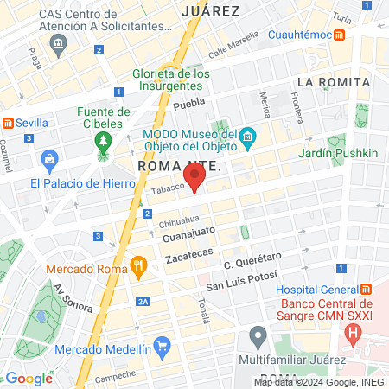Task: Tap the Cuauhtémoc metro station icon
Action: (x=341, y=35)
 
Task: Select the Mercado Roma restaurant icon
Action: (x=137, y=267)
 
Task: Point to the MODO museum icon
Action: (x=247, y=137)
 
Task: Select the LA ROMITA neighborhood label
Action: (x=333, y=82)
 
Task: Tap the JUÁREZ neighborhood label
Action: (x=211, y=10)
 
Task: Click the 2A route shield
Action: (x=143, y=301)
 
